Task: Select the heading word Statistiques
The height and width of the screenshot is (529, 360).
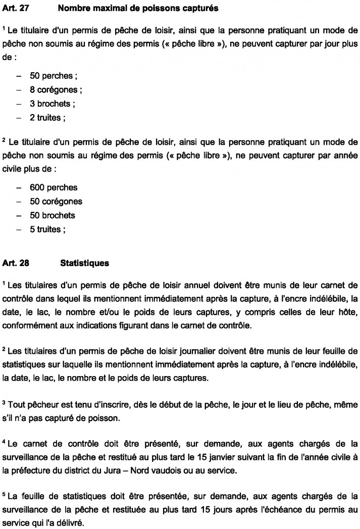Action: [x=84, y=263]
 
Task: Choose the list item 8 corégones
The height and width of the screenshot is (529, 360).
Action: [x=56, y=90]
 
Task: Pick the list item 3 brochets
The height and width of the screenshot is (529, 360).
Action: [x=52, y=104]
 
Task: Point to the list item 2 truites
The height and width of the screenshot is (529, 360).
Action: [x=47, y=118]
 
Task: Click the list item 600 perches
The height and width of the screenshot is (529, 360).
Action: [x=53, y=187]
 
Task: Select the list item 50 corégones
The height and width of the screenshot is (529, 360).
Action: [x=56, y=201]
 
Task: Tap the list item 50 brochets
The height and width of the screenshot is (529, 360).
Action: [x=52, y=216]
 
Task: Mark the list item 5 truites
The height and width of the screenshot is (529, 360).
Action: [x=47, y=230]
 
